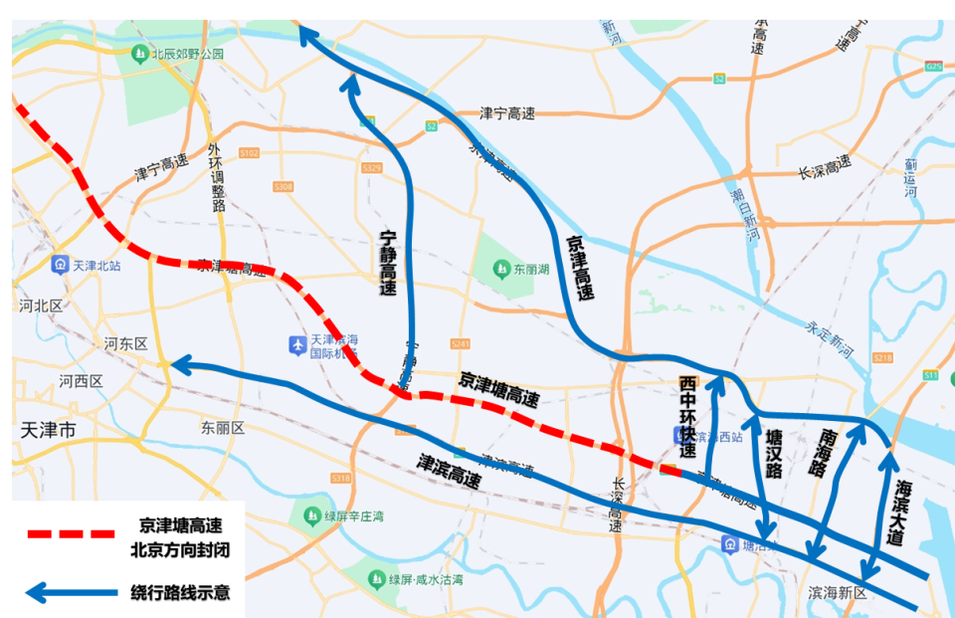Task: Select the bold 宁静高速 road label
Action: (x=389, y=264)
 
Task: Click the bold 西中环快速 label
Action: (x=687, y=416)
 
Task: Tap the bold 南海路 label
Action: (x=827, y=454)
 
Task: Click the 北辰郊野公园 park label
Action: (x=187, y=55)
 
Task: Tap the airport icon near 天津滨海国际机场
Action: (x=296, y=344)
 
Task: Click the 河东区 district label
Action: (x=125, y=343)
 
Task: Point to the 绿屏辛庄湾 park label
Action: (x=352, y=515)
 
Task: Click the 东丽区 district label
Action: (x=222, y=428)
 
